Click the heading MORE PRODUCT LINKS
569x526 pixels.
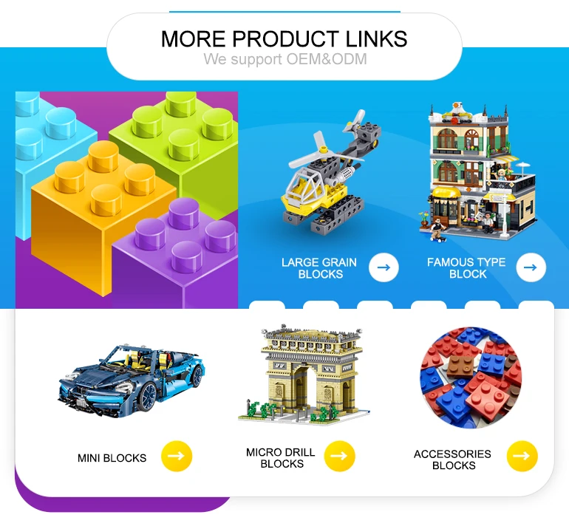point(284,38)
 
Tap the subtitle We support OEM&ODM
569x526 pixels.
point(284,59)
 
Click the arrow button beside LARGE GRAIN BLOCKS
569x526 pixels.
point(383,267)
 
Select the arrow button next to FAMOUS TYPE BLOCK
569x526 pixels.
point(531,267)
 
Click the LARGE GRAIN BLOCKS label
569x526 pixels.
point(319,268)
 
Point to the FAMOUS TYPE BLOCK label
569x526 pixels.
point(466,268)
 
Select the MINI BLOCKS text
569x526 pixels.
point(112,458)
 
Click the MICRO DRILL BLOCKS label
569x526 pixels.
point(282,458)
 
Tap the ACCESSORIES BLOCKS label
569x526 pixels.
point(453,460)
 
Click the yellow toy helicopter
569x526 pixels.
point(318,185)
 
